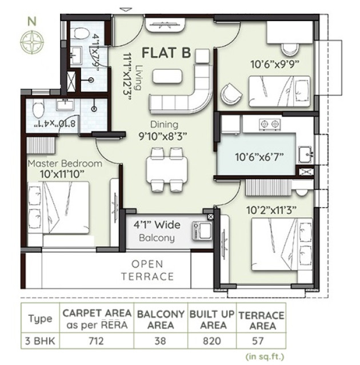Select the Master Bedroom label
click(x=65, y=164)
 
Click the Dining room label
click(x=164, y=124)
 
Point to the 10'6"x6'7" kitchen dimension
click(x=259, y=155)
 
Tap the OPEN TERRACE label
click(x=147, y=270)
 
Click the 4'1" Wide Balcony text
click(x=154, y=232)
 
